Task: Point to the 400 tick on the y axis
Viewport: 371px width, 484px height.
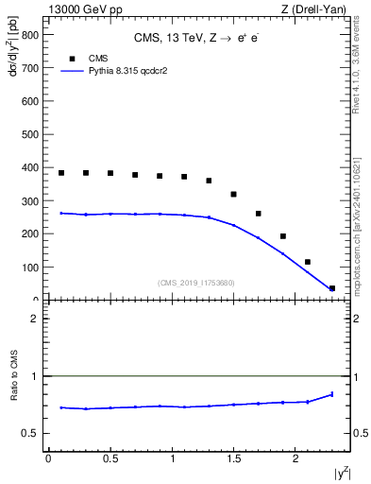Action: point(43,167)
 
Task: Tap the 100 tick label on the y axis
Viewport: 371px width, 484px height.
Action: point(27,268)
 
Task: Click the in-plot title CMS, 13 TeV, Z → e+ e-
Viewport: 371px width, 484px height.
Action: point(197,39)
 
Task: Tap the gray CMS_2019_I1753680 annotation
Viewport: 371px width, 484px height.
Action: point(197,282)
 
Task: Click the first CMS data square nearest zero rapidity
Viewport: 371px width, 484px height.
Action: point(61,173)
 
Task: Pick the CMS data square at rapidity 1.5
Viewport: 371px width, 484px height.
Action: point(233,194)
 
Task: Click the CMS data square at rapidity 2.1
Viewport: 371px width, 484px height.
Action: point(308,262)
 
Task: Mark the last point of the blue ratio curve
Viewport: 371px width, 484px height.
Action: point(332,394)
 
